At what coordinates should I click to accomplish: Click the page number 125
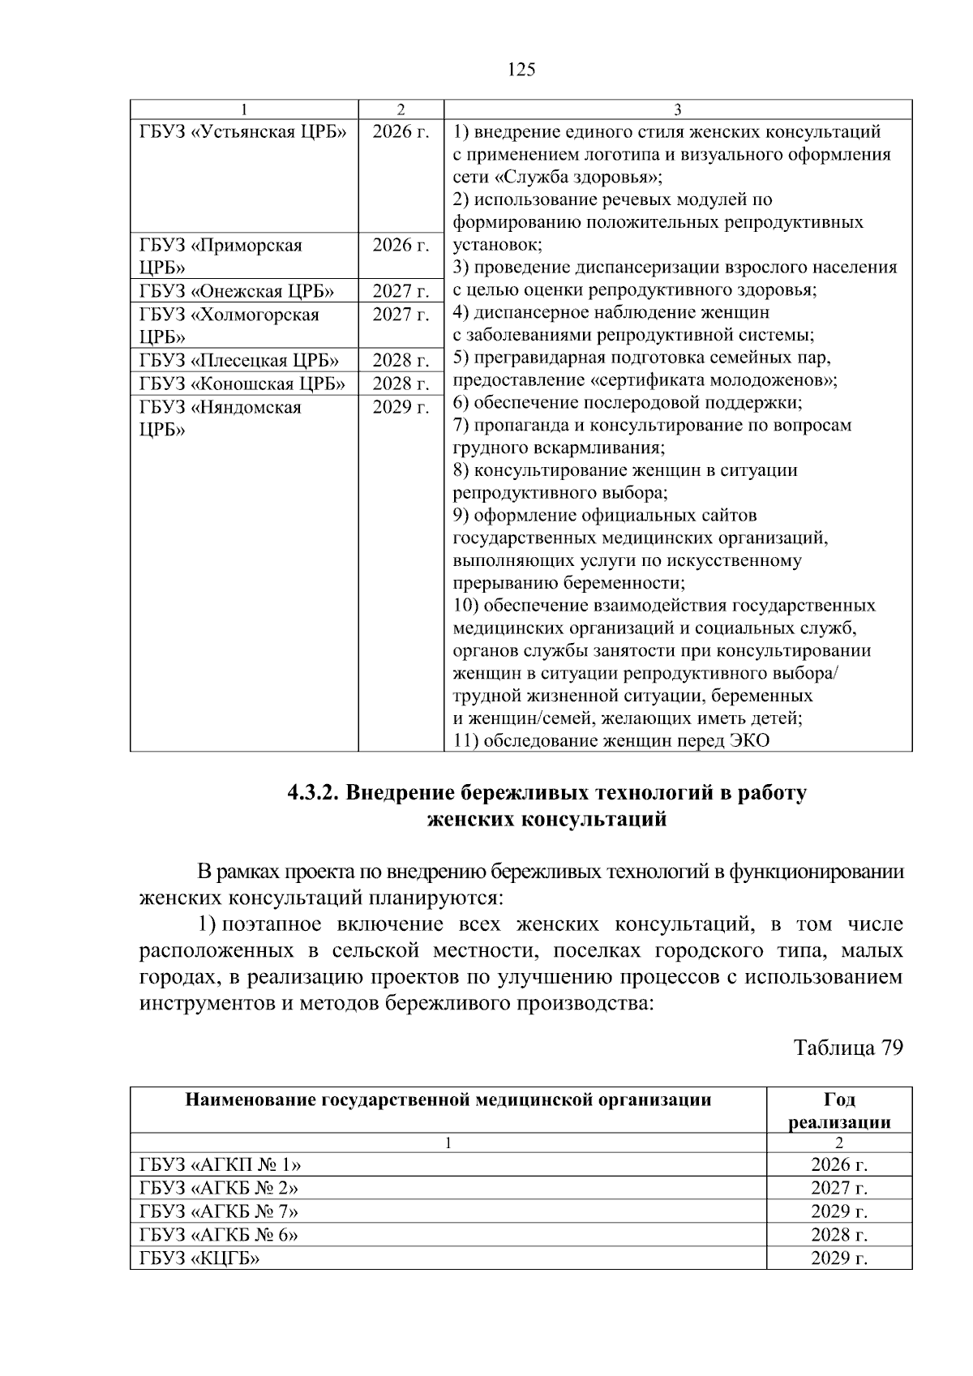[x=521, y=70]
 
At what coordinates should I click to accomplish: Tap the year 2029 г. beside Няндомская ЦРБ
[x=401, y=407]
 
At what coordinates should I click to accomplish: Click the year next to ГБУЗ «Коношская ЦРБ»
[x=401, y=384]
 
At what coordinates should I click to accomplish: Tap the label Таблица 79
[x=848, y=1048]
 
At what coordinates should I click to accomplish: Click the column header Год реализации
[x=839, y=1111]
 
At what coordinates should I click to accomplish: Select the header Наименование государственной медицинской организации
[x=448, y=1100]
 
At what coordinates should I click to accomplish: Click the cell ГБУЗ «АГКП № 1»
[x=220, y=1165]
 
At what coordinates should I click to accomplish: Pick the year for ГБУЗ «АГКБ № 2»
[x=839, y=1188]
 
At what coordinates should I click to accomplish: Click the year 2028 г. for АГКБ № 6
[x=839, y=1235]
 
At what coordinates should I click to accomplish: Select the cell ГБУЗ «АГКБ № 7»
[x=219, y=1211]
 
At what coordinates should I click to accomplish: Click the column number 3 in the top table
[x=678, y=109]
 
